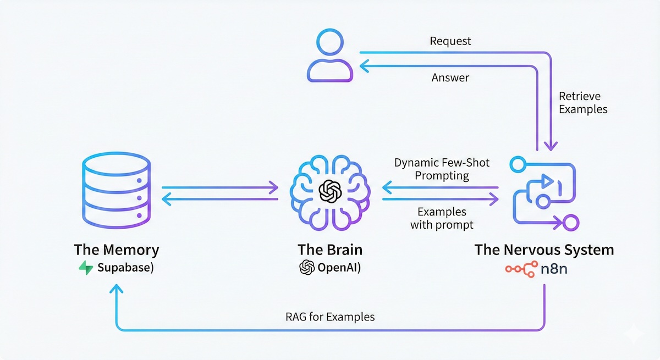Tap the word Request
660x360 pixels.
[x=450, y=41]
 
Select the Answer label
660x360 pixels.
[x=450, y=77]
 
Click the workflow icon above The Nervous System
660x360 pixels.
[x=544, y=193]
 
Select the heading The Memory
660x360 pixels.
[x=117, y=250]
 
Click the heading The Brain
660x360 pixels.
[x=330, y=250]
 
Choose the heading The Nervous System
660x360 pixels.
[x=544, y=250]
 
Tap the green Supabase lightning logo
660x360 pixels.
[x=86, y=268]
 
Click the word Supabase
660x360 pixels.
[x=123, y=268]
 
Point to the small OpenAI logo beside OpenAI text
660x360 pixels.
[x=306, y=268]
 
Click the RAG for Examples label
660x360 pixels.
[x=330, y=317]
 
